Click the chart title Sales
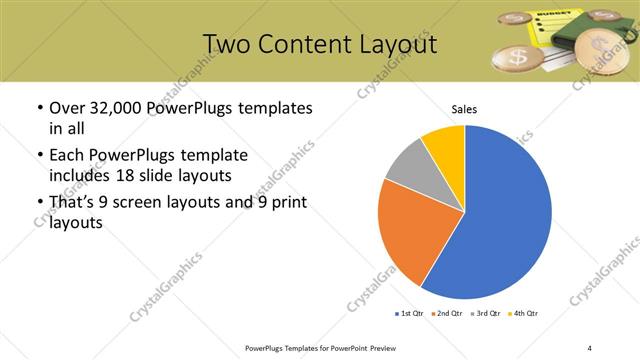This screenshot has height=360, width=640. click(465, 109)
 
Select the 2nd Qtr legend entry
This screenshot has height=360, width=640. click(446, 315)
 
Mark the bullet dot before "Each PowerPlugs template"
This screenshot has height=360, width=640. click(39, 156)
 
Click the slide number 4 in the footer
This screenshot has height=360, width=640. click(589, 347)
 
